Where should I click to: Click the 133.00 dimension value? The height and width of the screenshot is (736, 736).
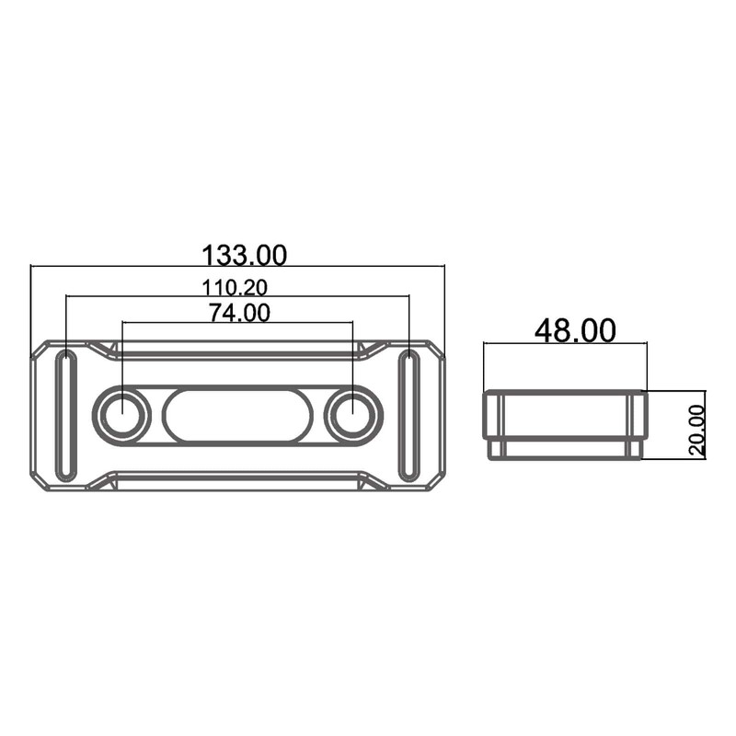coord(244,255)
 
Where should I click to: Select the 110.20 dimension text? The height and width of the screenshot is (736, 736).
coord(235,287)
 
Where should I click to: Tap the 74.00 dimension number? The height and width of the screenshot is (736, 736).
coord(239,313)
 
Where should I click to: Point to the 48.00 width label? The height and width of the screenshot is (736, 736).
coord(575,330)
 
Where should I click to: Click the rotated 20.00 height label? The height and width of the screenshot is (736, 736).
coord(697,431)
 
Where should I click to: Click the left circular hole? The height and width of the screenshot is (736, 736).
coord(122,416)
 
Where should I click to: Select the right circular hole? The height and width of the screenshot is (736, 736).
coord(352,416)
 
